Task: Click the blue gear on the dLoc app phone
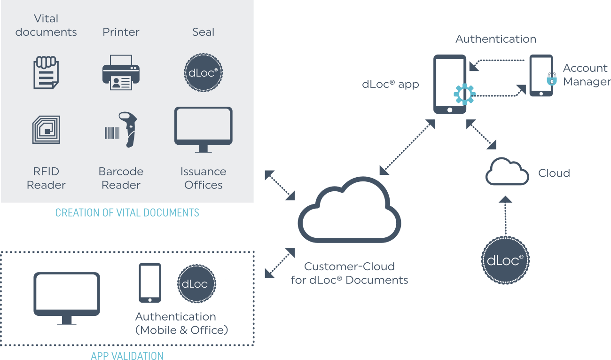[464, 94]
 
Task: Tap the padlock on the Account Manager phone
[551, 79]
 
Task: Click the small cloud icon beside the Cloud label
[507, 172]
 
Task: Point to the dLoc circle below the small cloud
[505, 260]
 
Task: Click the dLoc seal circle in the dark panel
[203, 73]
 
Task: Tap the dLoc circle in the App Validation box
[196, 283]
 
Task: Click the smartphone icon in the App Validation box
[150, 282]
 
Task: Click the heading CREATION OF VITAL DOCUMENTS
[127, 213]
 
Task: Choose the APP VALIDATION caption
[127, 355]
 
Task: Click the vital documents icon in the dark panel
[46, 73]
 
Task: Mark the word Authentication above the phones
[496, 39]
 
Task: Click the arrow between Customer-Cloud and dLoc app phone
[407, 147]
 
